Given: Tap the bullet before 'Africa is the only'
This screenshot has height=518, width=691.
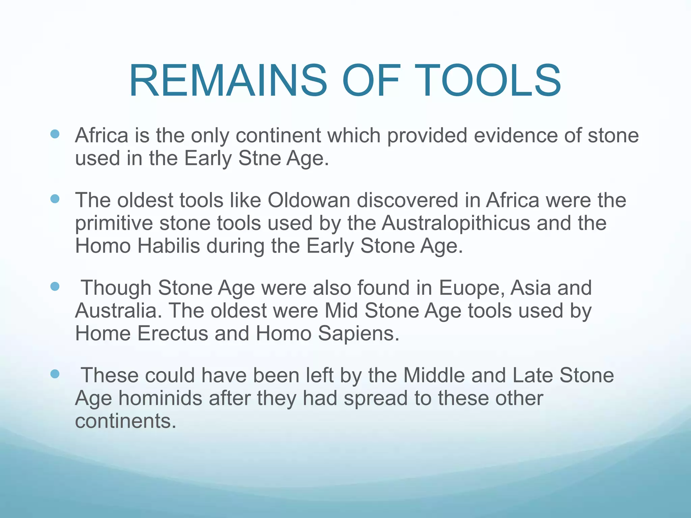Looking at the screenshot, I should click(x=55, y=135).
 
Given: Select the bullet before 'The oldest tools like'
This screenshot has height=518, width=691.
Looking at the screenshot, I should click(x=55, y=199).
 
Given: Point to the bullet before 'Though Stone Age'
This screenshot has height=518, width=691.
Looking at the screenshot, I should click(x=55, y=287).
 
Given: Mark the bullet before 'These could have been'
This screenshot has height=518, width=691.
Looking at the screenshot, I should click(x=55, y=374).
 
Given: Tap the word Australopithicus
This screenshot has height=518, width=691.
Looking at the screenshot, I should click(x=456, y=223).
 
